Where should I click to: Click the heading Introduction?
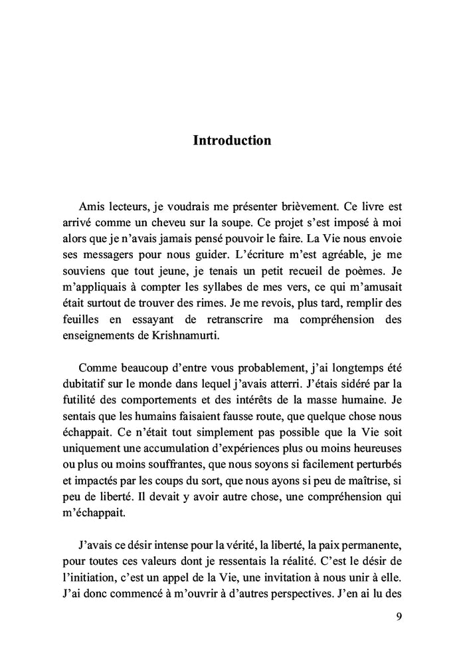232,140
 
